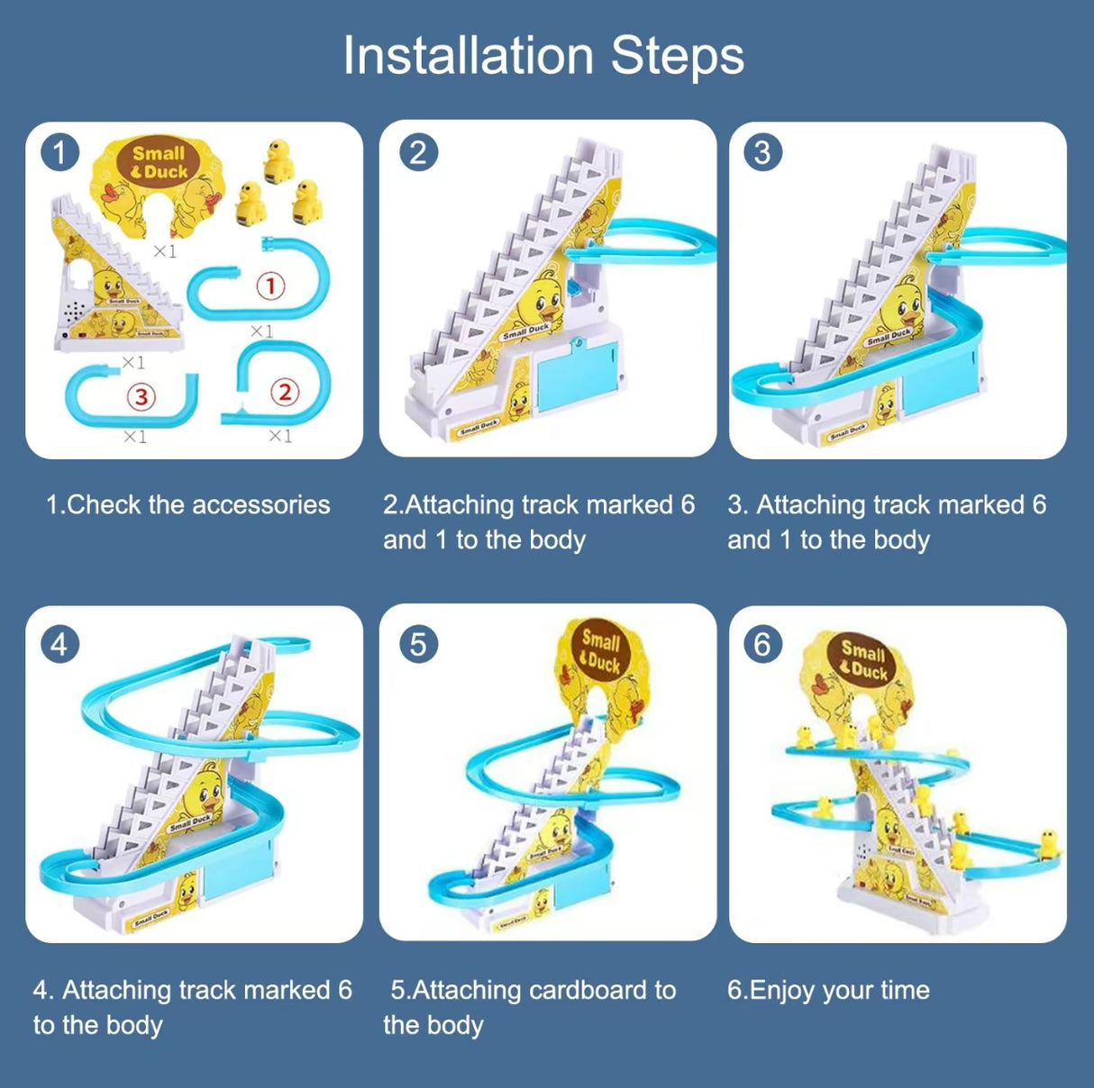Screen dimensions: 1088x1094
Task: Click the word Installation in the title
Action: click(468, 56)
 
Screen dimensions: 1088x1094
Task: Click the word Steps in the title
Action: click(678, 56)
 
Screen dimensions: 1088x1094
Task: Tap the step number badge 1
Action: click(60, 152)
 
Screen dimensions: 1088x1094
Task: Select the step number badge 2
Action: click(418, 152)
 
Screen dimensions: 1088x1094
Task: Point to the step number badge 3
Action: click(762, 152)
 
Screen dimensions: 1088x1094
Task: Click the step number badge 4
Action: click(59, 644)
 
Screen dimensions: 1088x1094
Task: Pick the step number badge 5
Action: click(418, 644)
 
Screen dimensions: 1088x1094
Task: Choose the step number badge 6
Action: click(762, 644)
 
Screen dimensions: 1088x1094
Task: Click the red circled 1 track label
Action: click(270, 286)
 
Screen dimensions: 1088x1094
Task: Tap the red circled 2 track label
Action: click(285, 392)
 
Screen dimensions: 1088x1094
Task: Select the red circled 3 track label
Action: click(141, 396)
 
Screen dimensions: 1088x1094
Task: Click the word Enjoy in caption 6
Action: click(782, 991)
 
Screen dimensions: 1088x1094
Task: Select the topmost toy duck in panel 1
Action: click(278, 160)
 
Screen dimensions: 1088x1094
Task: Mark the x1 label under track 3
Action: click(135, 437)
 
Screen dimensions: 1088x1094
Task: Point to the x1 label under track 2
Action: click(280, 436)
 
